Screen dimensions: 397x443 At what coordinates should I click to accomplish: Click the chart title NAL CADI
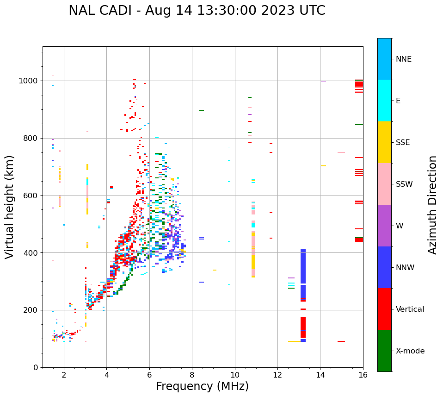(197, 11)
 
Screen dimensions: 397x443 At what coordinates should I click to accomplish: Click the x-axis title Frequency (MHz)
(202, 386)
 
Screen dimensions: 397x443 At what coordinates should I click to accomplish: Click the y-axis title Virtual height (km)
(10, 207)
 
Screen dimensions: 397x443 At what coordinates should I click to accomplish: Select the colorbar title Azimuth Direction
(432, 204)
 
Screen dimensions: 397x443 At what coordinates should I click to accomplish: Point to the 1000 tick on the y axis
(31, 81)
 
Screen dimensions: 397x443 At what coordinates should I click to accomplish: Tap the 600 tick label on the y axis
(32, 195)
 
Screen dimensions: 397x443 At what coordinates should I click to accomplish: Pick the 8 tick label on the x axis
(192, 375)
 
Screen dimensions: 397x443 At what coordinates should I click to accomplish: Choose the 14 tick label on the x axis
(320, 375)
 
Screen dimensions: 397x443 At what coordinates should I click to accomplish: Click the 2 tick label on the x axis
(64, 375)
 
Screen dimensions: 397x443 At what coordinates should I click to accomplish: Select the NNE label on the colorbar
(403, 59)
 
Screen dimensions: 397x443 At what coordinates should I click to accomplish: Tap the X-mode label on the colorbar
(410, 351)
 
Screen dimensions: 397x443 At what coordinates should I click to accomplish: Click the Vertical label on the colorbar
(410, 309)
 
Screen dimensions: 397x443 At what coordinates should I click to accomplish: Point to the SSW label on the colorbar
(404, 184)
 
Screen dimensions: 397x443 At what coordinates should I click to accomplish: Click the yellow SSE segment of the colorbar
(384, 142)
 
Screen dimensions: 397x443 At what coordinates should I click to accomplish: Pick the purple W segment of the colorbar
(384, 226)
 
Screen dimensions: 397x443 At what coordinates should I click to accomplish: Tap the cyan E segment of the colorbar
(384, 101)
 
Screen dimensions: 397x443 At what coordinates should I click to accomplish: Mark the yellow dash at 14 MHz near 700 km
(323, 166)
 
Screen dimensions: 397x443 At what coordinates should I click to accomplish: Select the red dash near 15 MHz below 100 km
(341, 341)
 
